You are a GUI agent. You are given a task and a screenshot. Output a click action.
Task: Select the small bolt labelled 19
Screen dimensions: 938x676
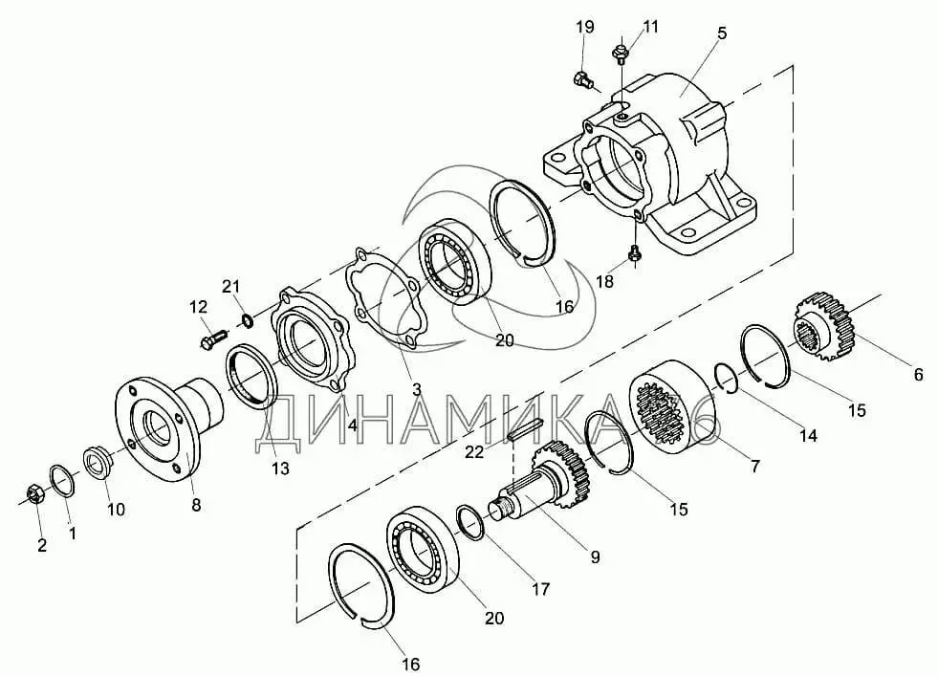(x=583, y=79)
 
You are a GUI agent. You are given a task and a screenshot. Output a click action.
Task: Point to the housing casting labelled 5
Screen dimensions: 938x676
(x=653, y=163)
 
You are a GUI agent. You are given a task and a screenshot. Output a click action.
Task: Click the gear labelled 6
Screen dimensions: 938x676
(x=824, y=326)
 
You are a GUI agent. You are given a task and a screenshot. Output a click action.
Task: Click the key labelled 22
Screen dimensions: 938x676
(x=525, y=428)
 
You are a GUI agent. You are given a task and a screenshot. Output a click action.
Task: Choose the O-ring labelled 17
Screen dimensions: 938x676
(x=469, y=522)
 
